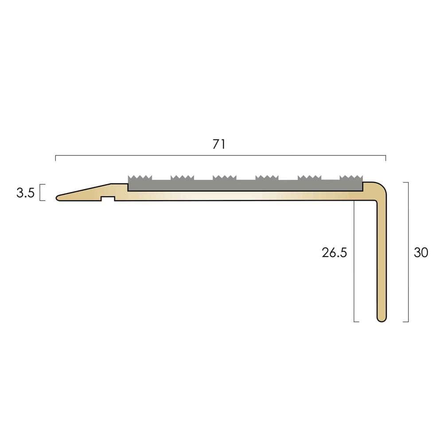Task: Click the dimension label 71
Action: [219, 144]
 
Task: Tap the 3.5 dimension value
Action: [25, 193]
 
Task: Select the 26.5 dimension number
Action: [334, 253]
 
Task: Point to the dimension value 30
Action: [421, 253]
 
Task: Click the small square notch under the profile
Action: [108, 198]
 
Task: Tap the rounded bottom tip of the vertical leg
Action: [382, 319]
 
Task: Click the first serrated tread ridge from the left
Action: [140, 178]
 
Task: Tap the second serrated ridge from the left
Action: [182, 178]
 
